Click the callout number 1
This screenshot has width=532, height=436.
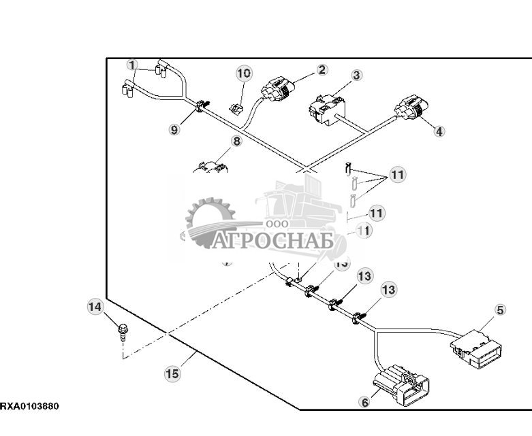tap(132, 65)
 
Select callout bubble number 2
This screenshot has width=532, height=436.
tap(322, 69)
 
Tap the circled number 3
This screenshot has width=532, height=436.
tap(356, 76)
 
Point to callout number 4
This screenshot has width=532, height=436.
tap(439, 131)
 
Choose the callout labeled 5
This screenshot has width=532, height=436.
tap(500, 309)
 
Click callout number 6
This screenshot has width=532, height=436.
tap(364, 402)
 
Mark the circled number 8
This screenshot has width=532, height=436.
tap(236, 141)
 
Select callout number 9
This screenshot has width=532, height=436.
tap(175, 129)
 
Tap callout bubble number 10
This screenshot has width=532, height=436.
tap(244, 73)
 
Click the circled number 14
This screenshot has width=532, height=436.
tap(95, 307)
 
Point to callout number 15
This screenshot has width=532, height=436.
tap(174, 373)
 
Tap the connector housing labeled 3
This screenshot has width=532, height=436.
tap(325, 109)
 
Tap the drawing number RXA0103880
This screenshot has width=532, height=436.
tap(29, 407)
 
